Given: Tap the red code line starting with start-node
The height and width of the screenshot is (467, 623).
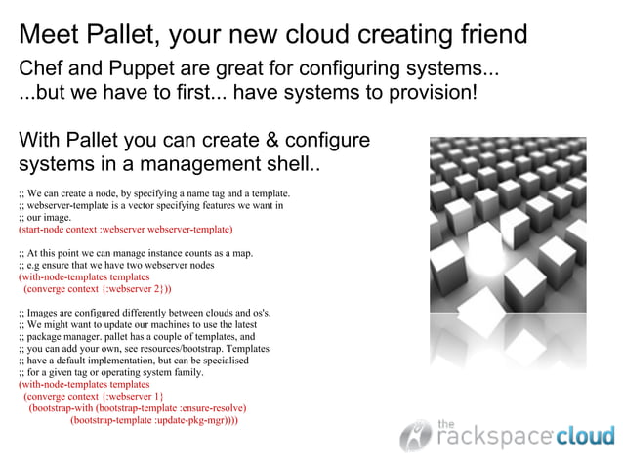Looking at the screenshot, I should click(x=125, y=230).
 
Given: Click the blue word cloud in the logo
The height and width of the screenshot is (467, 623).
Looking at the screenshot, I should click(x=585, y=436).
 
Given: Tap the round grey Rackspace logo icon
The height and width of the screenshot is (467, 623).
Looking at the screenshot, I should click(x=415, y=435).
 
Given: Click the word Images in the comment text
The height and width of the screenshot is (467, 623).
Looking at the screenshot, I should click(x=42, y=313).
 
